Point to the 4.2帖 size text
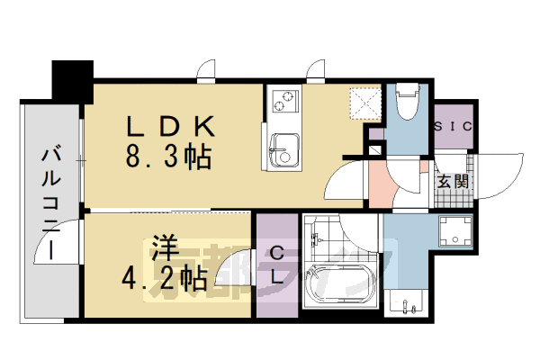[166, 277]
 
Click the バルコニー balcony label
[49, 203]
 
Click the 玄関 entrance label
[452, 181]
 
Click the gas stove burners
[284, 101]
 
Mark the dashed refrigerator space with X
[364, 102]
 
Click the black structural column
[73, 79]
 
